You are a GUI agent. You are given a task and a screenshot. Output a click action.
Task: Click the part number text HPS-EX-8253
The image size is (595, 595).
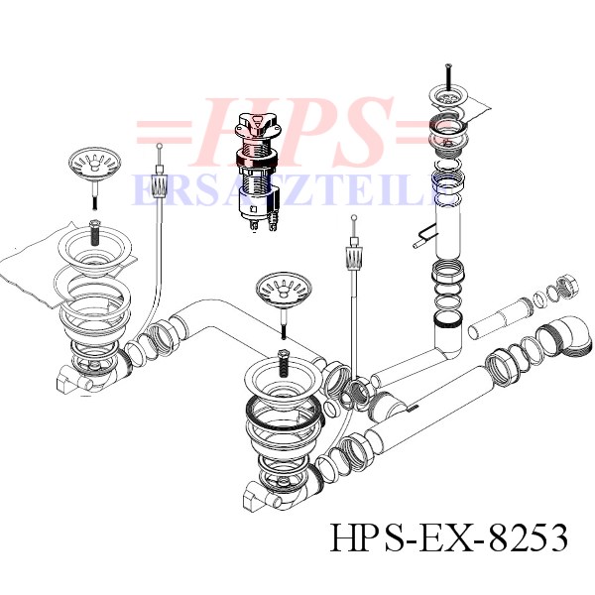click(x=449, y=537)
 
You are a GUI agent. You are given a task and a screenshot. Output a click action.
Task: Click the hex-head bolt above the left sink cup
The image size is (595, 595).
click(x=94, y=232)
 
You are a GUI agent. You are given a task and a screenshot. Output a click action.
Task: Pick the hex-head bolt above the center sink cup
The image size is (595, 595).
click(x=284, y=363)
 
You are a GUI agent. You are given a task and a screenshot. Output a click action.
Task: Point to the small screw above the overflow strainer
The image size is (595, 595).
click(x=448, y=76)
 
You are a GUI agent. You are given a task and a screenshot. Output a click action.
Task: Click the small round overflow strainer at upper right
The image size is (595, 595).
click(x=448, y=98)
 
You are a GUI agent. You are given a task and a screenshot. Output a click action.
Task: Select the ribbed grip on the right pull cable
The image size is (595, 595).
click(x=354, y=257)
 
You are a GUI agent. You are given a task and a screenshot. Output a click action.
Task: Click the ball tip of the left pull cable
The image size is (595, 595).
click(x=160, y=145)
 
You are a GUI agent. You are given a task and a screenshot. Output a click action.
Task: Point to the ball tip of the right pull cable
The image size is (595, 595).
click(x=354, y=217)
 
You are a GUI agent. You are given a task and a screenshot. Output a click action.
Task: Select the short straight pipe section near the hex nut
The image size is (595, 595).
click(x=501, y=318)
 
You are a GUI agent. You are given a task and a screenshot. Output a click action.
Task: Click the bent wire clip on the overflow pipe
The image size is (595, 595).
click(x=424, y=235)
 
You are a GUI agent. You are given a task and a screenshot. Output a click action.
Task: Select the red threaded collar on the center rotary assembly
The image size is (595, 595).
click(x=257, y=157)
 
